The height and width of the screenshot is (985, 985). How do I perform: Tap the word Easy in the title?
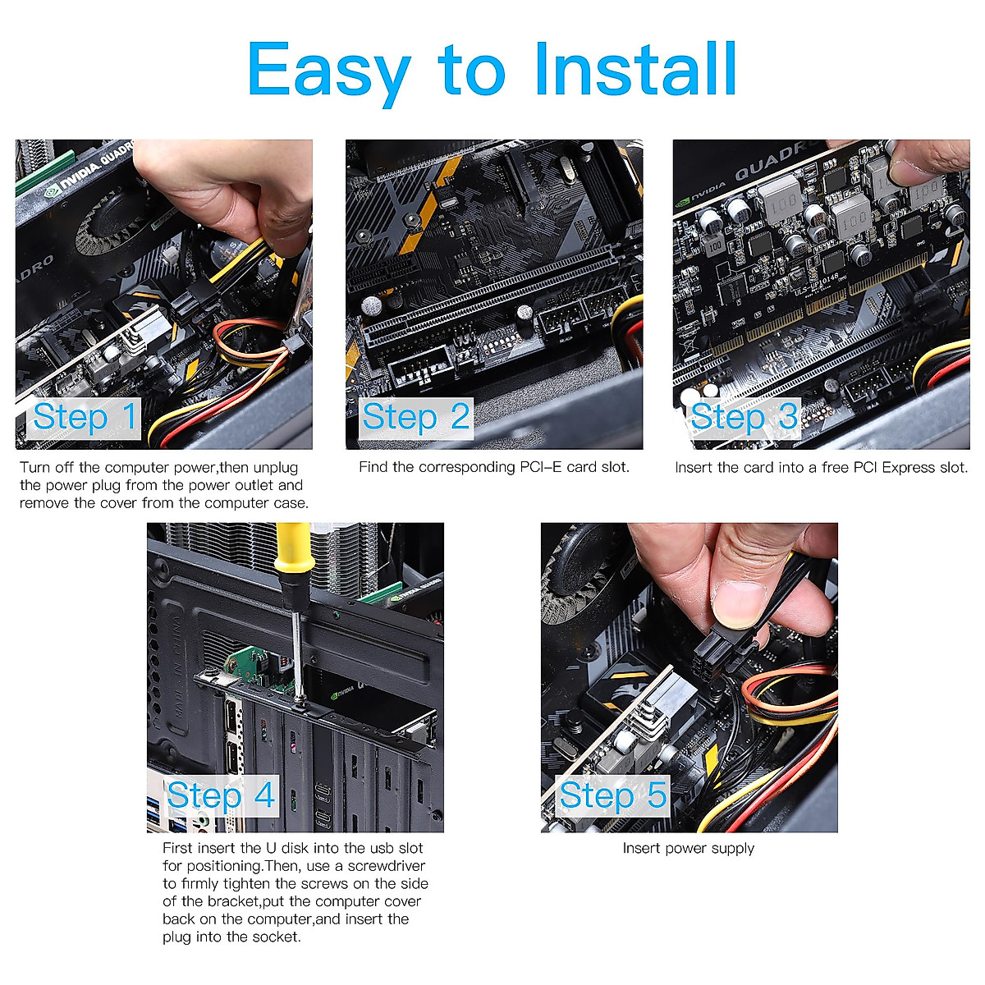click(x=329, y=74)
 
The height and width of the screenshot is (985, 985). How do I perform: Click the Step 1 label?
click(x=85, y=417)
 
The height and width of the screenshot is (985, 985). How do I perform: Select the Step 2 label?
click(x=416, y=417)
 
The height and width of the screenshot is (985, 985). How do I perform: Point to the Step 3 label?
click(x=744, y=417)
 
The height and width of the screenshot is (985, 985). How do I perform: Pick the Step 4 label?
click(x=221, y=795)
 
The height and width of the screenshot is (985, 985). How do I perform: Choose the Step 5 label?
click(x=613, y=795)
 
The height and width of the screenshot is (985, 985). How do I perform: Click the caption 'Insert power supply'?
click(x=688, y=849)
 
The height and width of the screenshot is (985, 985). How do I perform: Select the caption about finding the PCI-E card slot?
click(x=494, y=467)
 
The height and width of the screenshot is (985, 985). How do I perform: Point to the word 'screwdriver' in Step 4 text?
click(x=387, y=866)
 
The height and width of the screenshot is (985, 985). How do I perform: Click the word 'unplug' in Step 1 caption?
click(x=276, y=468)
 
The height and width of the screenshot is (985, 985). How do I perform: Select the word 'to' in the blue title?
click(x=472, y=72)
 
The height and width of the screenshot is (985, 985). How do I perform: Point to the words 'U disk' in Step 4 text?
click(x=288, y=848)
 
